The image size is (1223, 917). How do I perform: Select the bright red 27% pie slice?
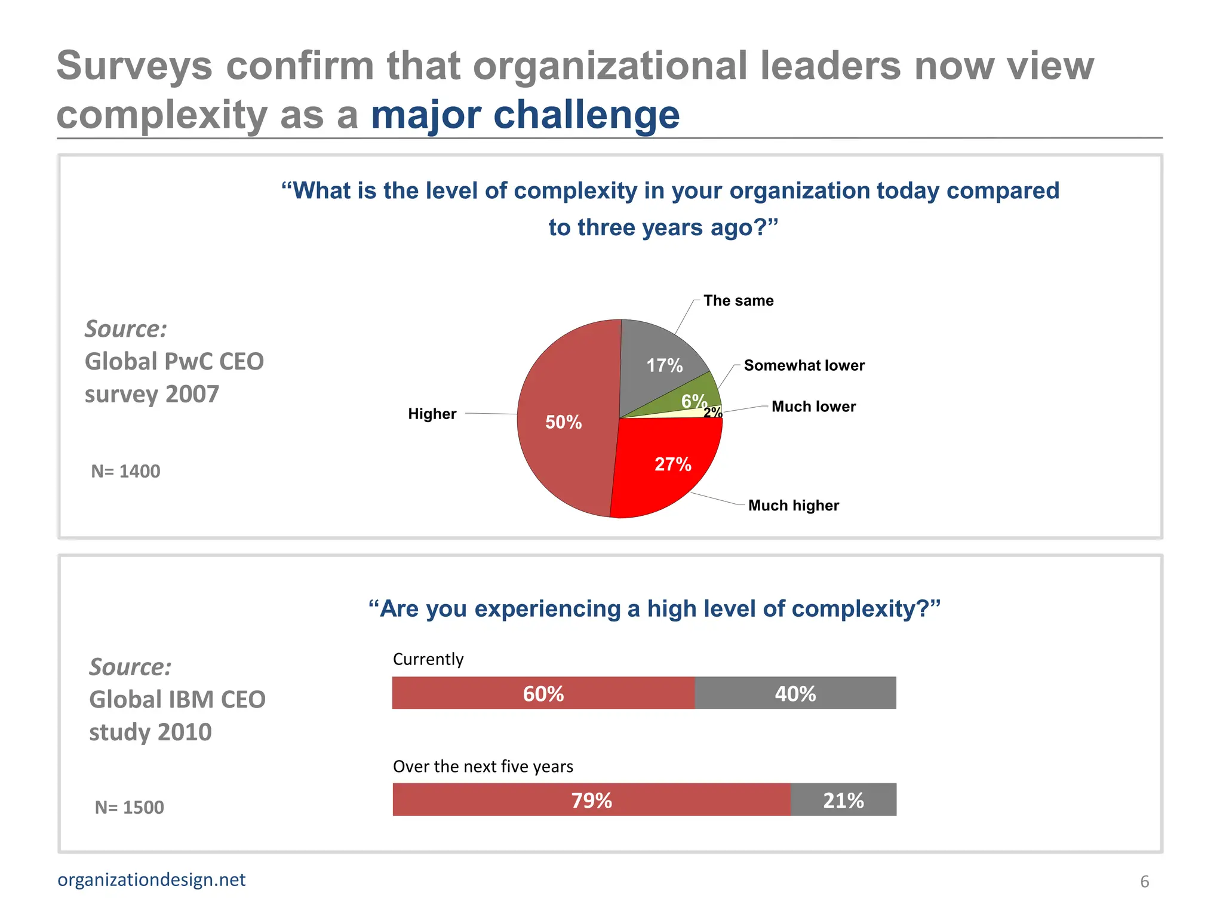(x=669, y=472)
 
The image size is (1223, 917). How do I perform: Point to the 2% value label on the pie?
(x=712, y=412)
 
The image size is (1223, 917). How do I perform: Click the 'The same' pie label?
(x=738, y=300)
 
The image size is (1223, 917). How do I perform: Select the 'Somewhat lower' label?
(x=804, y=365)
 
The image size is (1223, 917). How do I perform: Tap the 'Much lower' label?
(x=813, y=407)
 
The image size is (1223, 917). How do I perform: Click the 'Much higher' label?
(x=793, y=506)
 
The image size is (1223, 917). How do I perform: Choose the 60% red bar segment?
(x=543, y=693)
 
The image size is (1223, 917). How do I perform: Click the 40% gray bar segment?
(x=795, y=693)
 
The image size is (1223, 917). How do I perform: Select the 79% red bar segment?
(x=591, y=800)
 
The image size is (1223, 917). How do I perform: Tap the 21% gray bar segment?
(x=843, y=800)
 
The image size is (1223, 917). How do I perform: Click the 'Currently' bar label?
(x=428, y=659)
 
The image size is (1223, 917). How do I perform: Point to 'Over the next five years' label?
(x=483, y=767)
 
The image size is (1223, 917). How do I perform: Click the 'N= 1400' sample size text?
(x=125, y=472)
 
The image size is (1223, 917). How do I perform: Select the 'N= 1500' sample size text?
(x=129, y=808)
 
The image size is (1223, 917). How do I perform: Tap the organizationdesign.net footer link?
(x=152, y=880)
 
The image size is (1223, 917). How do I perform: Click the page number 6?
(x=1144, y=882)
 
